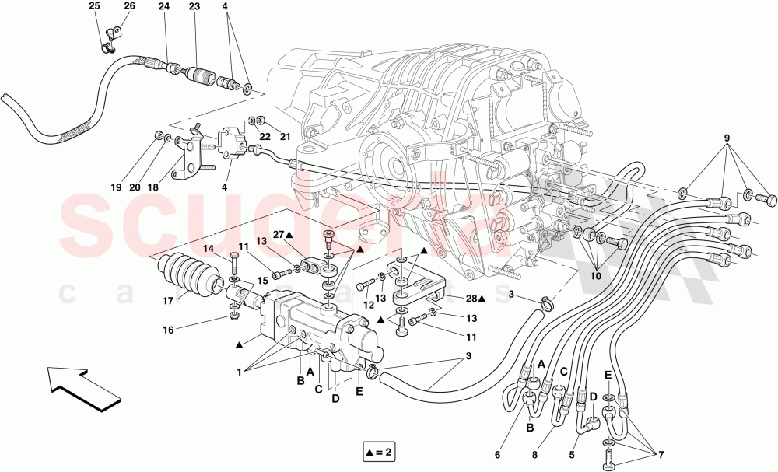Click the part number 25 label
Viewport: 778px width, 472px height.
point(94,6)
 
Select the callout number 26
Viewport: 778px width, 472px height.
point(129,6)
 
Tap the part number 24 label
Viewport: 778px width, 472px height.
point(163,6)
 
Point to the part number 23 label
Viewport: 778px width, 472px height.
point(194,6)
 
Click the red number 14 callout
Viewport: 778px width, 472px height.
point(208,249)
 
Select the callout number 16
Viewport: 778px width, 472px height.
point(169,330)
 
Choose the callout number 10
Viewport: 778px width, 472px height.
point(595,274)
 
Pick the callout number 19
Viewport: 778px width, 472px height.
point(116,187)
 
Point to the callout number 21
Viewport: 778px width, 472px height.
point(285,138)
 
